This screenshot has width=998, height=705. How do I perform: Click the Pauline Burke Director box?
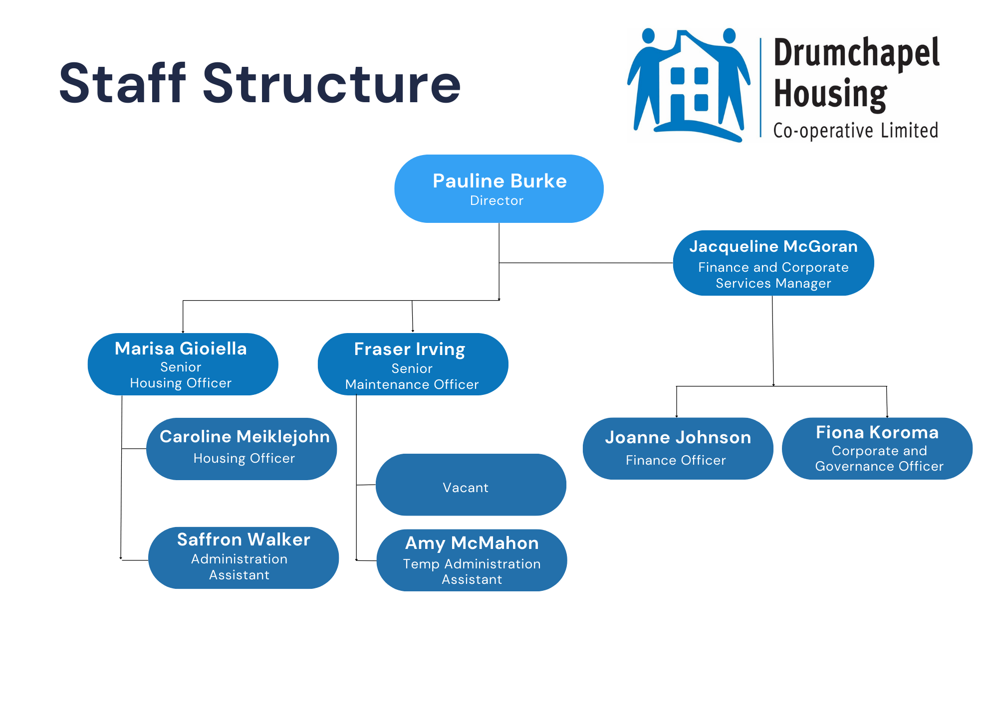pos(499,188)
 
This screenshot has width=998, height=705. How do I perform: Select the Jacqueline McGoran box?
pos(773,263)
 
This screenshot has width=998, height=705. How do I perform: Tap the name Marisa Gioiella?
pos(181,349)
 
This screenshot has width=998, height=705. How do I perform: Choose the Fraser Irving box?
pos(413,364)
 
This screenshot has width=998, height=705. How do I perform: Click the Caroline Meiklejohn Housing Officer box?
pos(242,449)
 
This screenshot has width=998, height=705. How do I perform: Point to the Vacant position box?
pos(471,485)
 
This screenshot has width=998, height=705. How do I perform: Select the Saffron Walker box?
pos(244,557)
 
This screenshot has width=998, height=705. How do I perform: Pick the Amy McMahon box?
pos(472,560)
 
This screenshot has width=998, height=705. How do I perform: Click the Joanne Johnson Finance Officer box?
pos(678,448)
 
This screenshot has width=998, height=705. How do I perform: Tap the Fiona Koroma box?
pos(877,448)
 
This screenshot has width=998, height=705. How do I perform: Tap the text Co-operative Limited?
pos(855,131)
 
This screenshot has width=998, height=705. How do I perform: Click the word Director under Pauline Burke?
pos(497,200)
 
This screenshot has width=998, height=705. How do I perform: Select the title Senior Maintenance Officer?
pos(412,376)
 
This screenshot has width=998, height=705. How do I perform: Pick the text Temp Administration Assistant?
pos(472,571)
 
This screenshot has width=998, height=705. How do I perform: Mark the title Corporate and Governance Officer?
pos(879,458)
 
